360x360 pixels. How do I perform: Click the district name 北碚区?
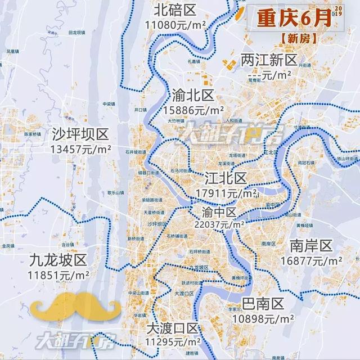coord(174,10)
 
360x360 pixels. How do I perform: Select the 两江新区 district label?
coord(268,60)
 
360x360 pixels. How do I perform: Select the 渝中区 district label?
coord(218,211)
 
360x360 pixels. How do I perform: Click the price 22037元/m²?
coord(219,224)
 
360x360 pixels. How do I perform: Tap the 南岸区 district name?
coord(312,246)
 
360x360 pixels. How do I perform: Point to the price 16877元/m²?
coord(311,261)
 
